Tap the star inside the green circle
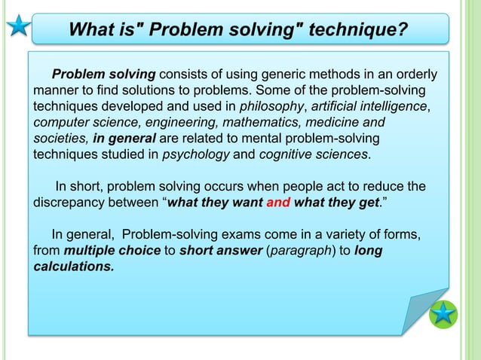pyautogui.click(x=443, y=313)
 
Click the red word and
pyautogui.click(x=279, y=203)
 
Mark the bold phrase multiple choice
pyautogui.click(x=112, y=251)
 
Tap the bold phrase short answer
pyautogui.click(x=221, y=251)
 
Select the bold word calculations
pyautogui.click(x=73, y=267)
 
